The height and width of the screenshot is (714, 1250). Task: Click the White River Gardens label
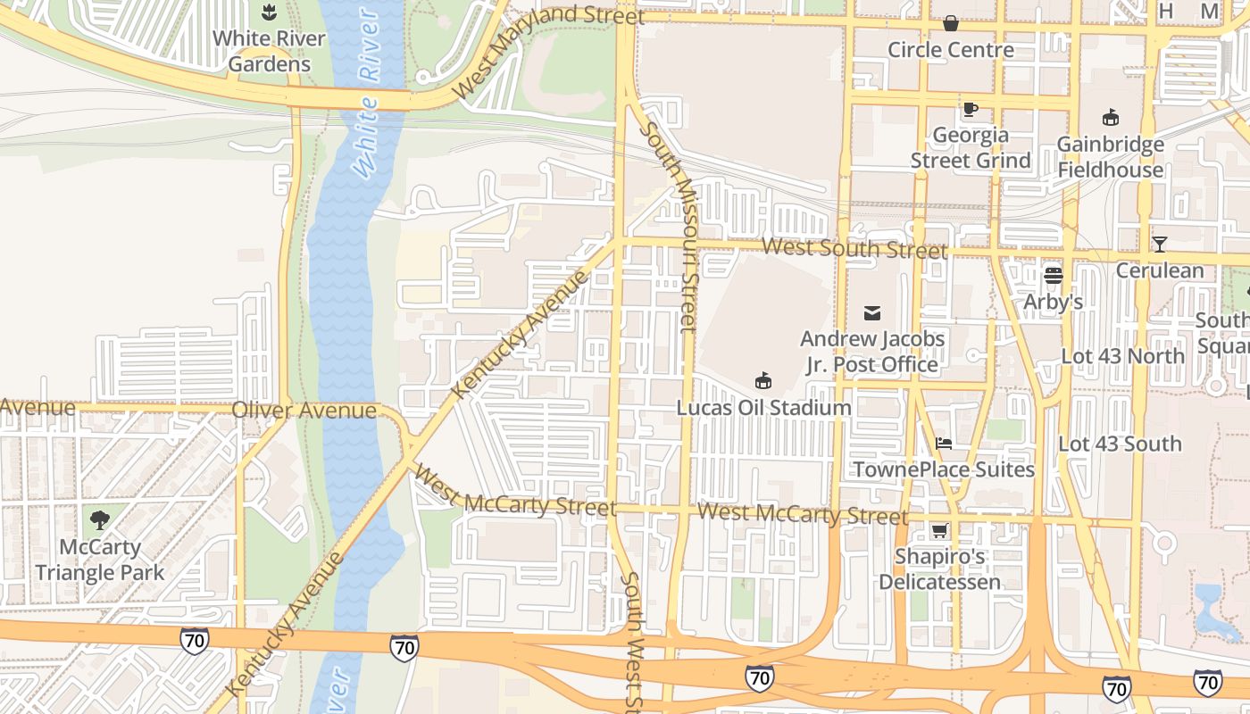point(269,52)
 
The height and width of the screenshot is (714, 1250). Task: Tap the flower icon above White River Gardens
point(269,12)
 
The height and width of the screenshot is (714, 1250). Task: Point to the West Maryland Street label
point(546,52)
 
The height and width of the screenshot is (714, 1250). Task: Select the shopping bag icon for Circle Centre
point(951,23)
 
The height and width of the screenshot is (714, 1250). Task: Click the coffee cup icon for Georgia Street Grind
point(971,110)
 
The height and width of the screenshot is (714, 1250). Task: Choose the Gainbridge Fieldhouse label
point(1110,157)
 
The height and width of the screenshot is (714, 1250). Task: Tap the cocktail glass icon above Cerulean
point(1159,244)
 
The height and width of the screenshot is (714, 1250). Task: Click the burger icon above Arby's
point(1053,276)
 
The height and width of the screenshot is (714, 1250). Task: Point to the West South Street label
point(855,248)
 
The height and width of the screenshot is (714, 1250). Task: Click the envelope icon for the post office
point(872,312)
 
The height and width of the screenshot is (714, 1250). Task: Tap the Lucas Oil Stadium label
point(763,408)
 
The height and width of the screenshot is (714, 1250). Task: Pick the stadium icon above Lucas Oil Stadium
point(763,381)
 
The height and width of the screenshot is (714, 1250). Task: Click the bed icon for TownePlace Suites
point(944,443)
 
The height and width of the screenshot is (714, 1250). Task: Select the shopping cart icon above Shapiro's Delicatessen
point(939,531)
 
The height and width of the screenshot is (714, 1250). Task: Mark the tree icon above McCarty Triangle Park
point(100,519)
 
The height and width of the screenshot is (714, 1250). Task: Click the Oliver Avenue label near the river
point(304,411)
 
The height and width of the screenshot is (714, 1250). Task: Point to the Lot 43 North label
point(1122,356)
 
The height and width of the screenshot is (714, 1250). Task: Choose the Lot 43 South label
point(1120,444)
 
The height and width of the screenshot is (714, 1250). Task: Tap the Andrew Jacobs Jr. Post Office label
point(872,352)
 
